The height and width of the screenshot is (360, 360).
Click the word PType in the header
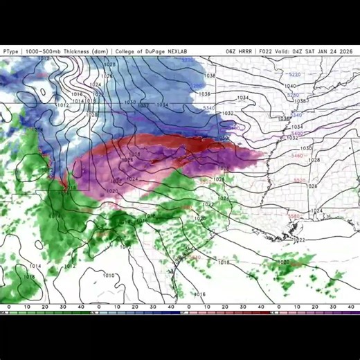tap(10, 51)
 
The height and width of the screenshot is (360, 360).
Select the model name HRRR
tap(247, 51)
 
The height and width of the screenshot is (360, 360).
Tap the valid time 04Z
tap(299, 51)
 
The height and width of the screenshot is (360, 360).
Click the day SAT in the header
tap(314, 51)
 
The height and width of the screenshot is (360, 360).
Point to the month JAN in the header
tap(327, 51)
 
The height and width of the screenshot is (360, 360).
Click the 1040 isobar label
tap(291, 87)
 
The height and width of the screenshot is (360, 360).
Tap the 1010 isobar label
tap(109, 276)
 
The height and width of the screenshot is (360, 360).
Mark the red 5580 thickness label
tap(294, 217)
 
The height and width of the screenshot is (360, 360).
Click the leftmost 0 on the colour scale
tap(8, 307)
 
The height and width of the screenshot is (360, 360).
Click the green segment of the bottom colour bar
tap(42, 312)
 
